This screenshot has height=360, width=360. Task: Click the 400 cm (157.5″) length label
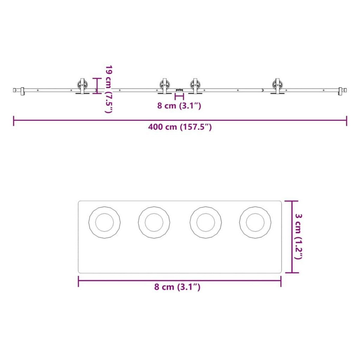[180, 127]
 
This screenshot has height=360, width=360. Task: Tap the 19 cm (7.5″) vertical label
[108, 89]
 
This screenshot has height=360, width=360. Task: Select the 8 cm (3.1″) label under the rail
[179, 106]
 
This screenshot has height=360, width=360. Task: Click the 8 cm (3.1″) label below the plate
[177, 287]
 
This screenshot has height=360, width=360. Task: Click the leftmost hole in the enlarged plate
[104, 223]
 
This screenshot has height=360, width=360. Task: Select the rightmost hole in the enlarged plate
[255, 223]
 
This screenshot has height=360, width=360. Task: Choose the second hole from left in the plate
[154, 223]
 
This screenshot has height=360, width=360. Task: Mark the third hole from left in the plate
[206, 223]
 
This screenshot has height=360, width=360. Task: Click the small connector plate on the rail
[179, 90]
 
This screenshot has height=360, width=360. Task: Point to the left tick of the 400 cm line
[14, 121]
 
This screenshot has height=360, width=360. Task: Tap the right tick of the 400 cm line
[346, 121]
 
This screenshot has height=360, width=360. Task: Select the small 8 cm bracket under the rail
[179, 96]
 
